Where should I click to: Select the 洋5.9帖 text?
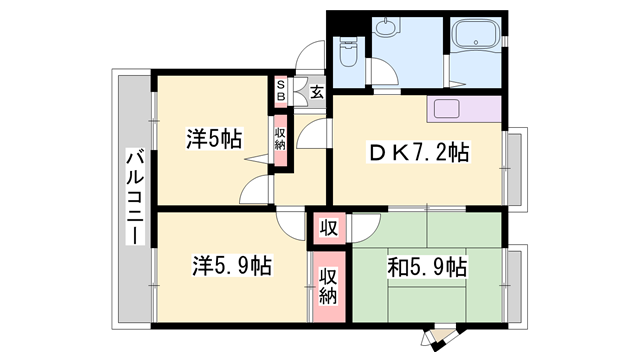tap(232, 267)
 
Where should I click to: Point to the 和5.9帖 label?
tap(426, 267)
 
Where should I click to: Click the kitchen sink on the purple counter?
tap(445, 109)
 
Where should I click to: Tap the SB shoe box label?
tap(281, 93)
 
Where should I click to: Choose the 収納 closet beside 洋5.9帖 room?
tap(328, 282)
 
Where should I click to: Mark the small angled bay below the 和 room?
tap(439, 338)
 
